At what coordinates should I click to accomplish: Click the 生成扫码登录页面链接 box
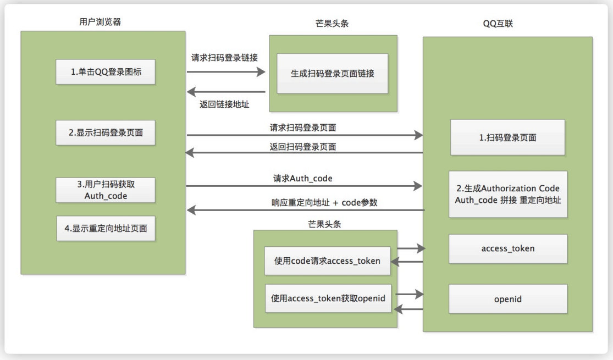tap(332, 74)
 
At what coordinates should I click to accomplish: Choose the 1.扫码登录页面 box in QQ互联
tap(507, 137)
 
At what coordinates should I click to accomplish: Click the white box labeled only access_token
tap(507, 248)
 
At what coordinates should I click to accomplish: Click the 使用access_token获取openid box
tap(328, 298)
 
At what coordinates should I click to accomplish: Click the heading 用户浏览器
tap(104, 22)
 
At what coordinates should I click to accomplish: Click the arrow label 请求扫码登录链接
tap(224, 58)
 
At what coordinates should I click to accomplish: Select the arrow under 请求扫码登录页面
tap(305, 135)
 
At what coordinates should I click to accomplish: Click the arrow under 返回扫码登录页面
tap(305, 153)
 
